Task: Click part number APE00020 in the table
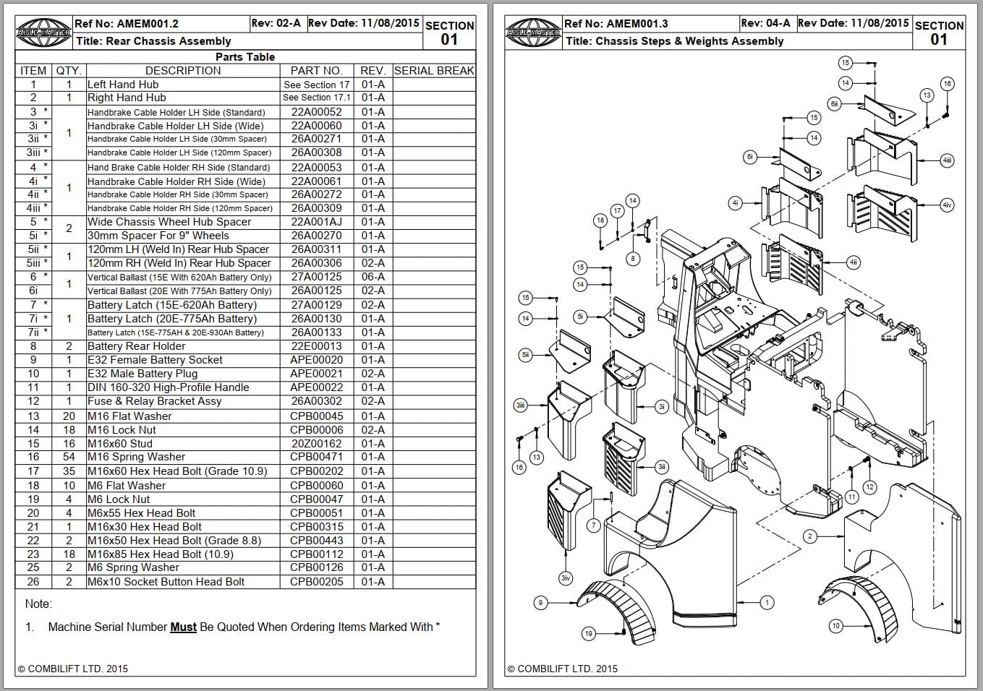tap(316, 360)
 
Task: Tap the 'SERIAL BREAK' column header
tap(434, 71)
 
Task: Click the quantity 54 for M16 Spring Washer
tap(69, 457)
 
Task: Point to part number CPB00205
tap(316, 582)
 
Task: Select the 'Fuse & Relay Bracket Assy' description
tap(154, 401)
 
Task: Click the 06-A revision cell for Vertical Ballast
tap(373, 277)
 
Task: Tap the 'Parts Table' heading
tap(245, 57)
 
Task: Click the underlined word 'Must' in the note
tap(183, 627)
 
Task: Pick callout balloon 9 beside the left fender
tap(540, 602)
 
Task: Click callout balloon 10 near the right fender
tap(835, 626)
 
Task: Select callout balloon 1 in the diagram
tap(767, 602)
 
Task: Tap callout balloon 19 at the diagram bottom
tap(588, 634)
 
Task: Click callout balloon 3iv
tap(566, 578)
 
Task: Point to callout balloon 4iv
tap(947, 205)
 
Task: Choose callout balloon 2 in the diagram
tap(810, 536)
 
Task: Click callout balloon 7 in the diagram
tap(593, 525)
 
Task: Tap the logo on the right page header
tap(534, 33)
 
